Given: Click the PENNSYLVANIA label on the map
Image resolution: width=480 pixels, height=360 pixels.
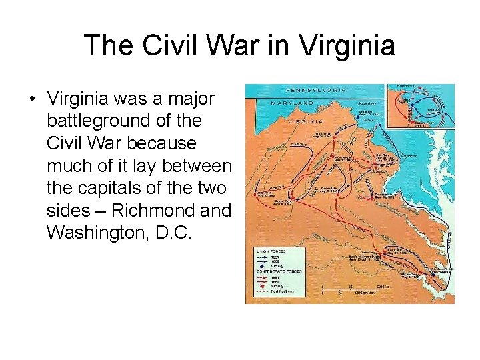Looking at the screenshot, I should click(x=316, y=89).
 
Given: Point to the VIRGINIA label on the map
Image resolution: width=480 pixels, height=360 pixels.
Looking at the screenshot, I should click(x=305, y=121).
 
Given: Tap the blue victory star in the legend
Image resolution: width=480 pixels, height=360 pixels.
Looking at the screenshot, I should click(x=264, y=265).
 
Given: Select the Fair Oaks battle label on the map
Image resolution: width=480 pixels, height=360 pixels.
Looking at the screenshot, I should click(x=397, y=252).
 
